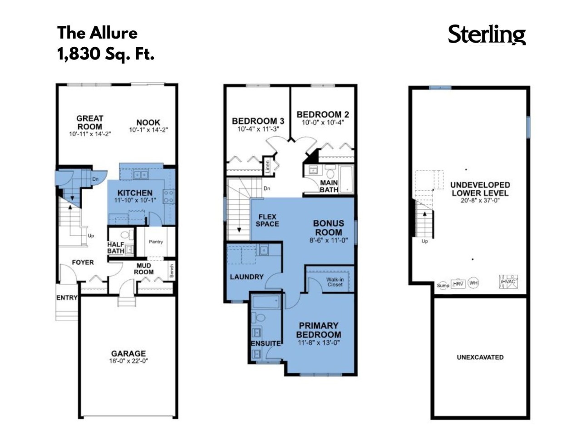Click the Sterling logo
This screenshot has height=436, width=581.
[487, 35]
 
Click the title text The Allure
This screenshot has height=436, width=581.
[97, 33]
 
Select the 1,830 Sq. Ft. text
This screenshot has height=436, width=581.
[106, 54]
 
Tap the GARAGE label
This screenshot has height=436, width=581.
[128, 353]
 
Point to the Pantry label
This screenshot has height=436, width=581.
[156, 242]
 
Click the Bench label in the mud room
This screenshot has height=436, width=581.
[172, 271]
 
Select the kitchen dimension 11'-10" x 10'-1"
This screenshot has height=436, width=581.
[135, 200]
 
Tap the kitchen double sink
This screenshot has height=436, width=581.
[140, 175]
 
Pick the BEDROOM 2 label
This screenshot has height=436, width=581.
[322, 114]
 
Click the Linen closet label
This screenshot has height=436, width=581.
[267, 167]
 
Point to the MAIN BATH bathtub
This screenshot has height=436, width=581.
[346, 179]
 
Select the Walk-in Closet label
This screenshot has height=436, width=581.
[335, 282]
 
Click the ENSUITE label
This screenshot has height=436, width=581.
[266, 343]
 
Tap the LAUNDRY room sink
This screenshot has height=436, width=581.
[264, 250]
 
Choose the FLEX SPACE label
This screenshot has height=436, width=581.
[267, 220]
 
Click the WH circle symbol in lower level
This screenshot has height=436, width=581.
[473, 283]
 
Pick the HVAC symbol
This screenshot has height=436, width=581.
[508, 282]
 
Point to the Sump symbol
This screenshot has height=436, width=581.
[443, 285]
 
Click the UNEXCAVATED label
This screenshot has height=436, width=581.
[480, 357]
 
